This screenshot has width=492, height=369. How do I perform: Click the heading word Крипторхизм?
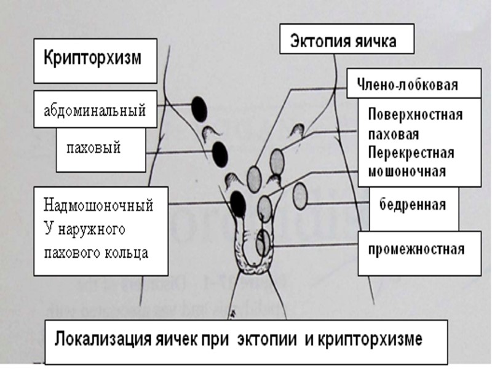(92, 59)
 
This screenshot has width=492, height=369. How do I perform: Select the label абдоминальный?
(95, 111)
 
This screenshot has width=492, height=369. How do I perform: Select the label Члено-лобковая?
(403, 85)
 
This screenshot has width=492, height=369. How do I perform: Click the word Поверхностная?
(415, 115)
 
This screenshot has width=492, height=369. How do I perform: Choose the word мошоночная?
(405, 171)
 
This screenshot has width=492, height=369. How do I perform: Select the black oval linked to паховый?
(219, 153)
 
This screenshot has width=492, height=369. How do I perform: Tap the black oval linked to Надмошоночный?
(237, 203)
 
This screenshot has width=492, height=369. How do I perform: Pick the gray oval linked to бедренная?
(300, 197)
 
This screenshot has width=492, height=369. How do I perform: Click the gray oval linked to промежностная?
(263, 242)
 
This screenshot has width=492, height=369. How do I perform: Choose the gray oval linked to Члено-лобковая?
(255, 178)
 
